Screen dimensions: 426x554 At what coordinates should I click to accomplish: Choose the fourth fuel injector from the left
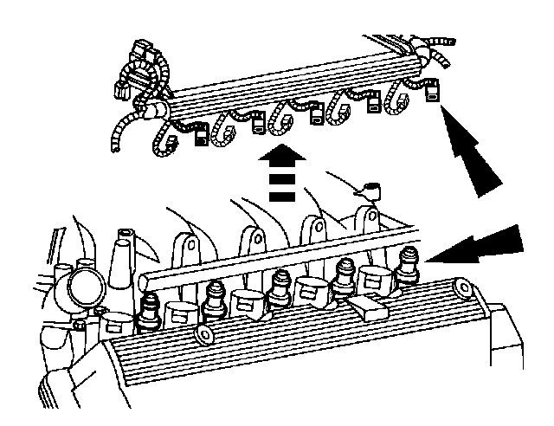click(344, 276)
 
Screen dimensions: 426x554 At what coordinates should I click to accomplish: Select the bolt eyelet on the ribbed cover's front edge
click(205, 337)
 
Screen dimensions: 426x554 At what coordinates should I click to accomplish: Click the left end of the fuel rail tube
click(142, 281)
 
